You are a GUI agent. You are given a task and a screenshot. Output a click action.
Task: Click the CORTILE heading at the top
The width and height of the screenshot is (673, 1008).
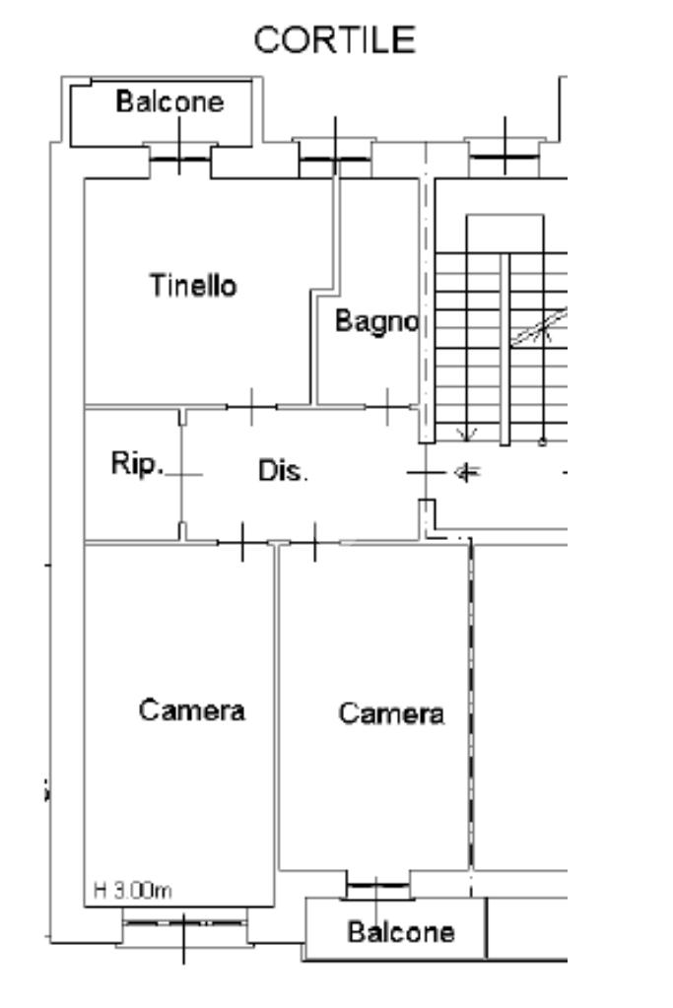(x=334, y=40)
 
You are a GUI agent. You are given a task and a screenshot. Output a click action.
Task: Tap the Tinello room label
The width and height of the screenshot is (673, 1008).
(x=193, y=287)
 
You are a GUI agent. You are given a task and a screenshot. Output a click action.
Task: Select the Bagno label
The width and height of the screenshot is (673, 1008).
(x=378, y=321)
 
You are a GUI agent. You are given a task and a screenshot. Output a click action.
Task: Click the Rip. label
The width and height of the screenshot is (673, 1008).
(x=136, y=466)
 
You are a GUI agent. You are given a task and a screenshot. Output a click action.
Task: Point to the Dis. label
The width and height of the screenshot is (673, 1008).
(x=283, y=471)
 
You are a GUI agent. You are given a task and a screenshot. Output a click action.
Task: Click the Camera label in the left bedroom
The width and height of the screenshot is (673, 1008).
(x=191, y=709)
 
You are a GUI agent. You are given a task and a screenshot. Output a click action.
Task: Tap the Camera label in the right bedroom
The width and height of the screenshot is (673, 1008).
(x=391, y=713)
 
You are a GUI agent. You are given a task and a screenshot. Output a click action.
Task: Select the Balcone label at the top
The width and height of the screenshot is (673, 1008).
(x=169, y=101)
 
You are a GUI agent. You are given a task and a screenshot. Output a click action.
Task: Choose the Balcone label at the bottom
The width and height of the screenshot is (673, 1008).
(x=401, y=931)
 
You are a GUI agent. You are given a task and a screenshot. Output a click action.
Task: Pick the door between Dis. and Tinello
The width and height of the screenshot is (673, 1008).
(x=252, y=405)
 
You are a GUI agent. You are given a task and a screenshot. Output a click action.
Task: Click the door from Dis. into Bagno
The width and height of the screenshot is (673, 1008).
(x=389, y=405)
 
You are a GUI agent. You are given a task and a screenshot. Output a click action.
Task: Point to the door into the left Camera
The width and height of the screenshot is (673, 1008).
(x=242, y=542)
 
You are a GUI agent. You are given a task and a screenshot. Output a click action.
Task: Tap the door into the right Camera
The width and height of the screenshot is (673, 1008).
(x=314, y=542)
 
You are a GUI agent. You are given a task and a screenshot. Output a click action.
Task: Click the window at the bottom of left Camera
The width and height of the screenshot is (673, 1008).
(x=184, y=923)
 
